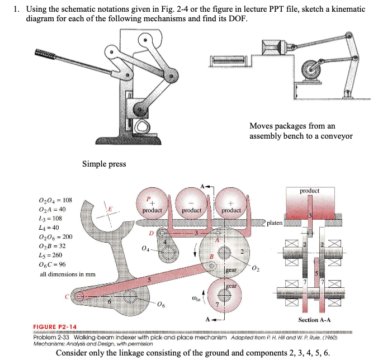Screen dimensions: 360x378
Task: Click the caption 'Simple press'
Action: pos(104,164)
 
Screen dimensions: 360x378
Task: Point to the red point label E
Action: pos(111,210)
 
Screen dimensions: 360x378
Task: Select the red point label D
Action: pos(151,231)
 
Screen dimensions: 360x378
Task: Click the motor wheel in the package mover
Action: pos(311,72)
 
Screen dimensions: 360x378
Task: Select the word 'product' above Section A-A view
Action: pos(309,191)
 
